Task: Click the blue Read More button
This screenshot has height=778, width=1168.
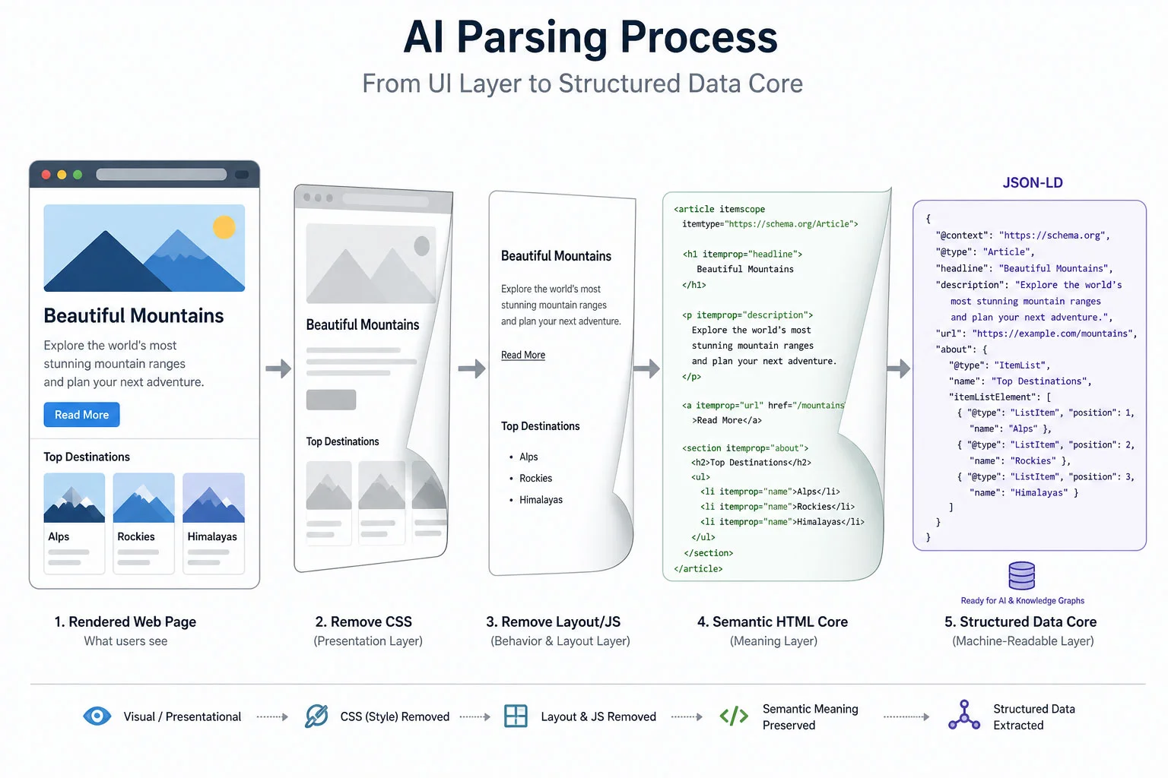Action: (x=81, y=415)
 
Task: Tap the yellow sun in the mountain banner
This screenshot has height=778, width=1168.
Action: (x=224, y=227)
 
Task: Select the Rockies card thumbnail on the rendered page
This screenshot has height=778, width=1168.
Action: (x=144, y=498)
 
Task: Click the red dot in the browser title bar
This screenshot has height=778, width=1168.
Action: (x=46, y=175)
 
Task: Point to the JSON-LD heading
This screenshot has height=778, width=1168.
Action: (x=1032, y=183)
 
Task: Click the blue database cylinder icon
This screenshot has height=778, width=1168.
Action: (x=1021, y=576)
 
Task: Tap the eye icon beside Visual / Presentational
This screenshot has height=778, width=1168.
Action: (x=97, y=716)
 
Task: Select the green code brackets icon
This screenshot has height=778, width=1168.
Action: (x=734, y=716)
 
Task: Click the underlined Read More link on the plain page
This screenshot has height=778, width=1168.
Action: (x=523, y=355)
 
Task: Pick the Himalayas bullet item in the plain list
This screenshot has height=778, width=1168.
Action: (x=541, y=500)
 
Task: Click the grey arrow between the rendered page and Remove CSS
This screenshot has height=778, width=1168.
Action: (x=278, y=369)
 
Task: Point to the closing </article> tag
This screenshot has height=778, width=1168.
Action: (x=698, y=568)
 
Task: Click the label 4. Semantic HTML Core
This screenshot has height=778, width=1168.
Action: (x=773, y=621)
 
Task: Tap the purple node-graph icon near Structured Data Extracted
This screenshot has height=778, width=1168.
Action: (x=964, y=716)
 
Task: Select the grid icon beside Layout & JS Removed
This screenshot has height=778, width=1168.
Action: (x=516, y=716)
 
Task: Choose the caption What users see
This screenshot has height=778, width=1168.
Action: (x=125, y=641)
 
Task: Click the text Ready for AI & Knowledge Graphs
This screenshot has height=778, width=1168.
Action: (x=1022, y=600)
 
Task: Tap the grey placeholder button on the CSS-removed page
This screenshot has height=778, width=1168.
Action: (x=331, y=400)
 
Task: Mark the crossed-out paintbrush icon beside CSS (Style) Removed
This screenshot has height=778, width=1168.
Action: (x=316, y=716)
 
